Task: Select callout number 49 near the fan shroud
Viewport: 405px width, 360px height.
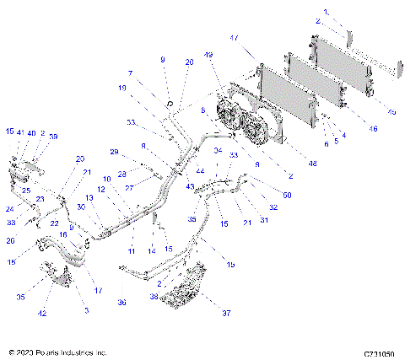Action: [x=208, y=56]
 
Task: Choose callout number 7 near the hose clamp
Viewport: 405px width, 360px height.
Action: [x=130, y=73]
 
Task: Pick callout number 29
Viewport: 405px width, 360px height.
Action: [x=113, y=152]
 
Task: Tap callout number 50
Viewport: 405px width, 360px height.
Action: [x=288, y=196]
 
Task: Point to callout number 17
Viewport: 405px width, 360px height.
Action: [x=98, y=291]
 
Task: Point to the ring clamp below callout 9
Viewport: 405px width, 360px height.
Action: [x=170, y=105]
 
